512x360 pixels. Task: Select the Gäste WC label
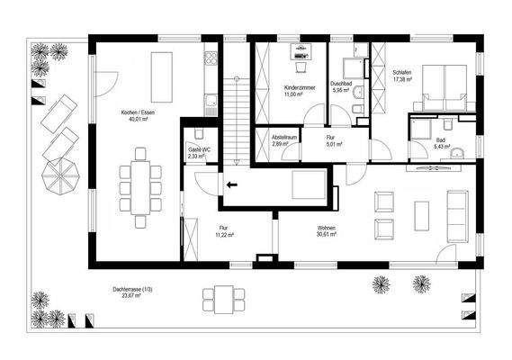tap(199, 149)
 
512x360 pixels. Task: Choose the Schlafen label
tap(401, 72)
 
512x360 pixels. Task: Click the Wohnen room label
tap(327, 229)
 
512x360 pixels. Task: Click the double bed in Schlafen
tap(441, 88)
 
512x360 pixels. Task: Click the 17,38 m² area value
tap(402, 79)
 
